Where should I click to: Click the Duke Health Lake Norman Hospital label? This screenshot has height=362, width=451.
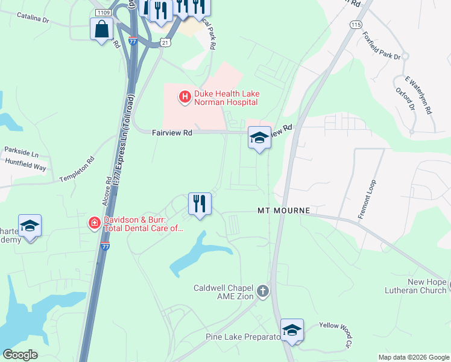(230, 97)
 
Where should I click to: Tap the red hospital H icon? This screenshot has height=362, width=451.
(184, 96)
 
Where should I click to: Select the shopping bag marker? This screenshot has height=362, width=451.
(101, 28)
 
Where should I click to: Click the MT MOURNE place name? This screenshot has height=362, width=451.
(283, 211)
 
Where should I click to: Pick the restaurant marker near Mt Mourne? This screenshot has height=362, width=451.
(200, 204)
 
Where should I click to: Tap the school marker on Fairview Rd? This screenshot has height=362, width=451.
(259, 139)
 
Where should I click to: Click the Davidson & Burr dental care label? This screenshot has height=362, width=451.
(142, 224)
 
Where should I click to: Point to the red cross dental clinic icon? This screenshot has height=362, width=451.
(94, 224)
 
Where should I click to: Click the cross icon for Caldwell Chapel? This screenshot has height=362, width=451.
(262, 292)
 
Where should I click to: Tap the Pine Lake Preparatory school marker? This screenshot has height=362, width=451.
(292, 331)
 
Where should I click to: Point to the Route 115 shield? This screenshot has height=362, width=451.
(355, 24)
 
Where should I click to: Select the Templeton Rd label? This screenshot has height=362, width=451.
(77, 170)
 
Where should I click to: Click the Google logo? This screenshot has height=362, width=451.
(20, 355)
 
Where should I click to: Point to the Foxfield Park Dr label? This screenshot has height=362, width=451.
(382, 48)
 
